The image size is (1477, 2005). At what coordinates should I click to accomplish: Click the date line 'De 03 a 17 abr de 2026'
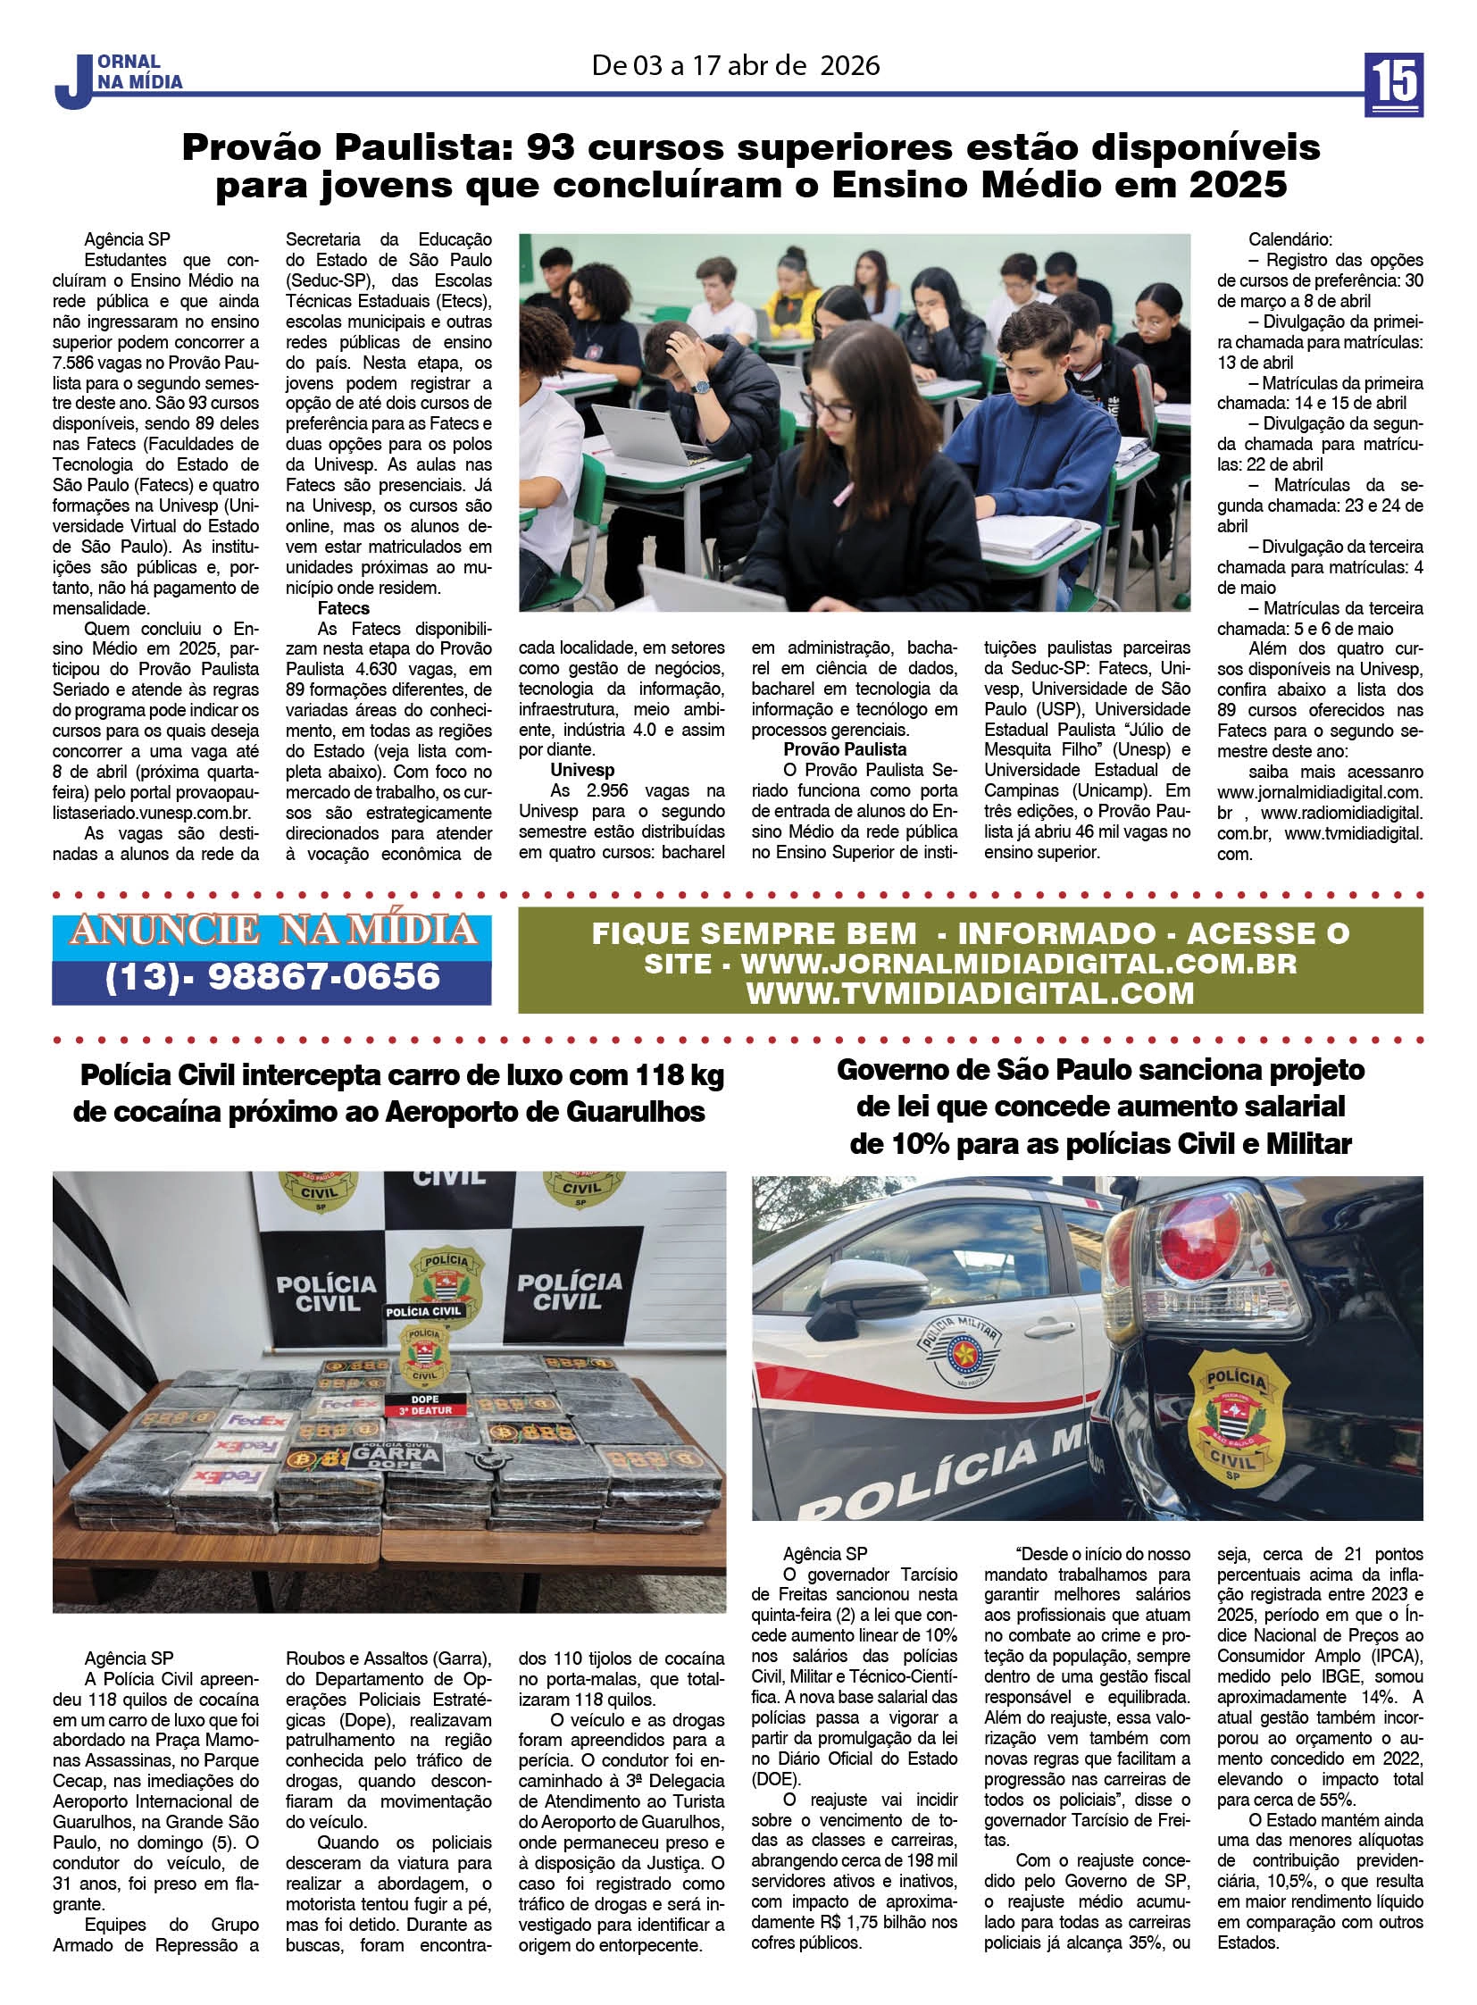735,65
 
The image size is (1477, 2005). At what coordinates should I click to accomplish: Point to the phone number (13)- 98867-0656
272,975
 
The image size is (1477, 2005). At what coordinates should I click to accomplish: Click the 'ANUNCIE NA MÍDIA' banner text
272,931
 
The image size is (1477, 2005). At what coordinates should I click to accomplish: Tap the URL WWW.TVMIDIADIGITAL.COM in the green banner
970,993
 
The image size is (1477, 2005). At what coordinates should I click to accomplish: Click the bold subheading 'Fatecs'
343,608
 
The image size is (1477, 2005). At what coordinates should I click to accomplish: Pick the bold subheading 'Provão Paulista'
845,749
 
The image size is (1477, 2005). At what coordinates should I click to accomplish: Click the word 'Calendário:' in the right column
1289,239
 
